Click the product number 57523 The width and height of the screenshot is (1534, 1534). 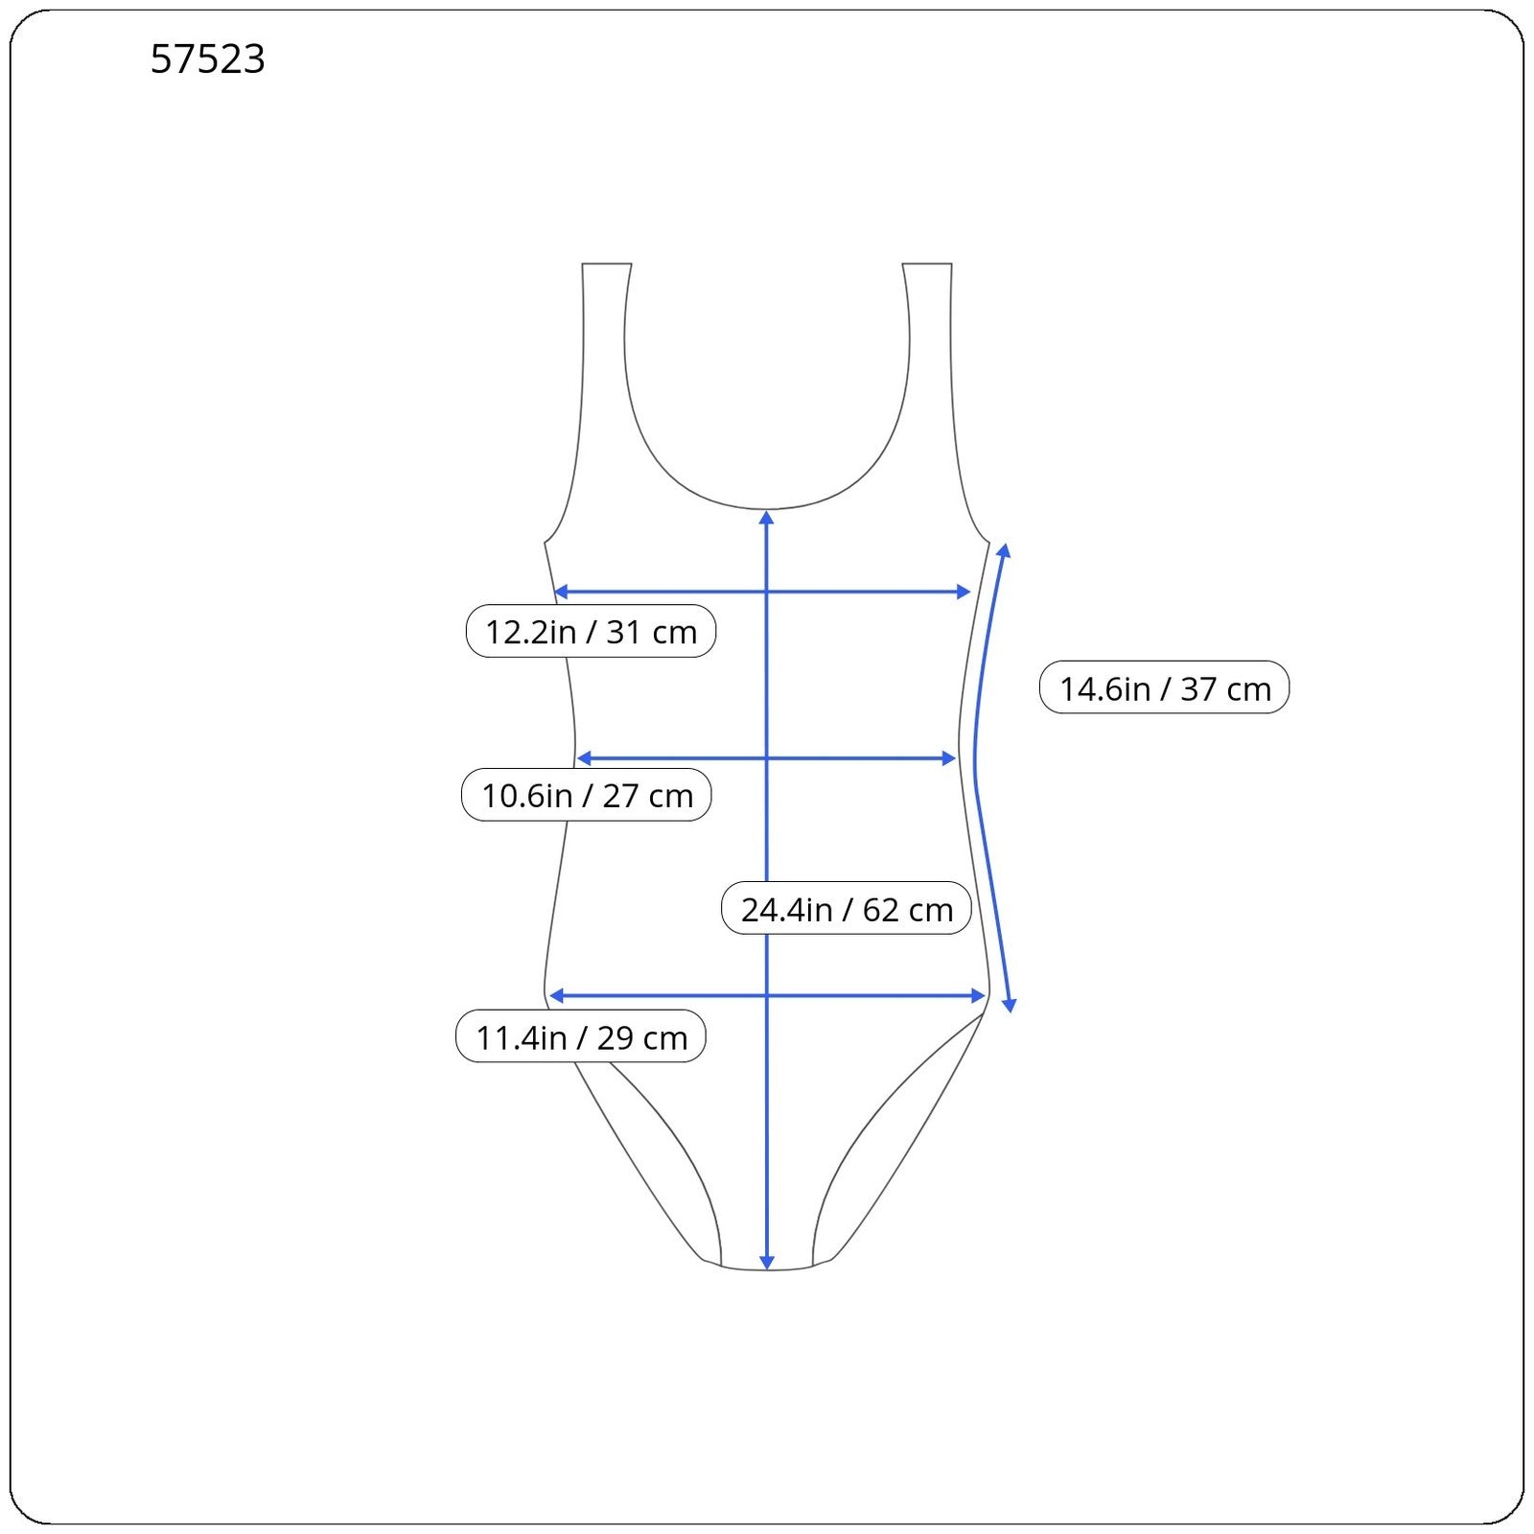pos(207,59)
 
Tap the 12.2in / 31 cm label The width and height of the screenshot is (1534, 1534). pos(591,632)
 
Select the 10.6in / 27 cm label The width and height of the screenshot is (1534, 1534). pos(587,796)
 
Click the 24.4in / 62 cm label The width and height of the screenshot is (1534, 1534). pos(847,909)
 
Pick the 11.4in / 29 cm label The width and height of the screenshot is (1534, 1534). pos(581,1037)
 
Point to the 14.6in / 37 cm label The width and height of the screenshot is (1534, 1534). pos(1165,688)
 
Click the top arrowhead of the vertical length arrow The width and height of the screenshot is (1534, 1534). pos(766,519)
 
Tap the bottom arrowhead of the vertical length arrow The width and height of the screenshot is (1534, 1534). pos(767,1262)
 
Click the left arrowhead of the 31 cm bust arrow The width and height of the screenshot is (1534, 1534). pos(562,592)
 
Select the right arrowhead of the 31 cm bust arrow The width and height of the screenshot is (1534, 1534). pos(964,592)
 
